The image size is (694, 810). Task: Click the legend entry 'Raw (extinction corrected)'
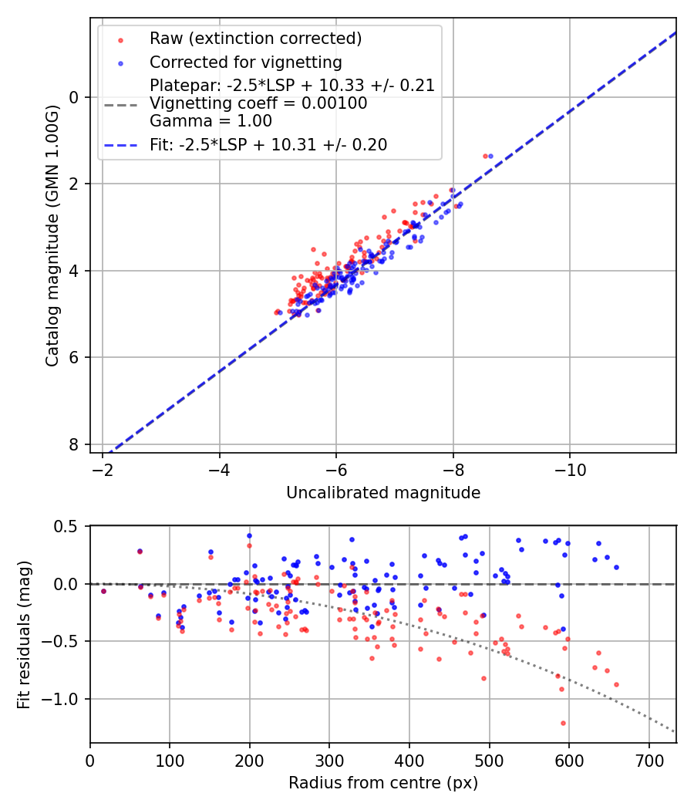(x=255, y=39)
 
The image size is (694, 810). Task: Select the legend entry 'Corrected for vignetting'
(x=245, y=62)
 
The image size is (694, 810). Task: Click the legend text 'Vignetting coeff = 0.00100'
(x=258, y=103)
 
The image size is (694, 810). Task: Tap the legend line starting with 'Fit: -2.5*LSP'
(x=268, y=144)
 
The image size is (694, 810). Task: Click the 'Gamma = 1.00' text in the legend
(x=211, y=121)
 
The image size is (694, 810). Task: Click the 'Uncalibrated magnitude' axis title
(x=382, y=493)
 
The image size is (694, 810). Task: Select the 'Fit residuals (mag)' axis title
(x=24, y=635)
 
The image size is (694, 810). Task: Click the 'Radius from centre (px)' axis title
(x=382, y=783)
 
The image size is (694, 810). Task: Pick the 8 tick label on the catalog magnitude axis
(x=75, y=444)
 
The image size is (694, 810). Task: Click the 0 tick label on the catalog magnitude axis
(x=75, y=97)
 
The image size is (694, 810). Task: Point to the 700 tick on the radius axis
(x=649, y=760)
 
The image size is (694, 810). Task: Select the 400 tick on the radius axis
(x=409, y=760)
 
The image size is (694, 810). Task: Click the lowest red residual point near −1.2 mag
(x=563, y=723)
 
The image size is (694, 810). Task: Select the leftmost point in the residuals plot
(x=103, y=591)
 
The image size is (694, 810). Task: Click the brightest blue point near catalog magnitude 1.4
(x=490, y=156)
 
